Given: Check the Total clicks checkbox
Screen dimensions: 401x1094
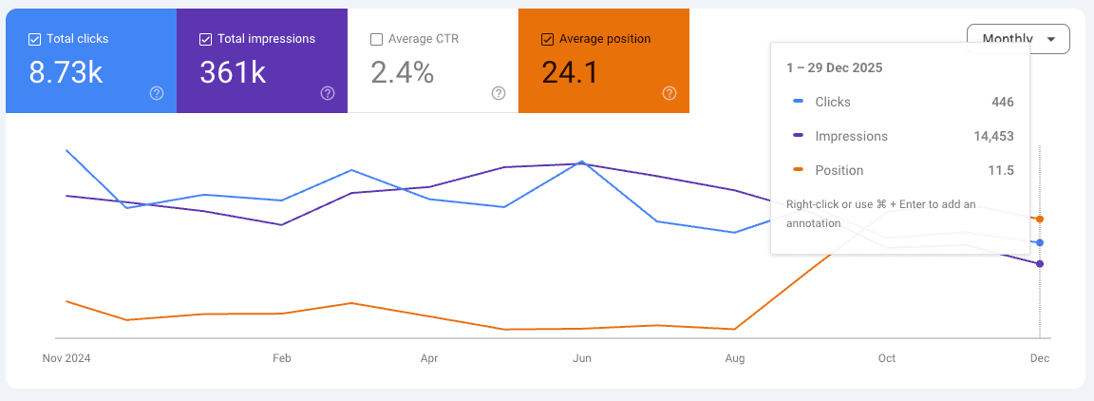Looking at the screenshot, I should click(x=35, y=39).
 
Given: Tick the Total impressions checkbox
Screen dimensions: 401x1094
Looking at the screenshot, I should click(x=206, y=39).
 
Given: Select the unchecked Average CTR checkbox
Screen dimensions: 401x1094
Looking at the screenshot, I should click(x=377, y=39).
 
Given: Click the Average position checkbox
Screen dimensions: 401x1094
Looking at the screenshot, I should click(x=547, y=39).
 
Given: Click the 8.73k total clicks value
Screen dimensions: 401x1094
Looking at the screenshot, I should click(x=66, y=72).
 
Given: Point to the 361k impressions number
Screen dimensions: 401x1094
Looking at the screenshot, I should click(x=234, y=72).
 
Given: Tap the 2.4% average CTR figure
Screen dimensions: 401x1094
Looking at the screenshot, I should click(x=403, y=72).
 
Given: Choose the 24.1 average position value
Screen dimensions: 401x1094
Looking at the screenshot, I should click(x=570, y=72).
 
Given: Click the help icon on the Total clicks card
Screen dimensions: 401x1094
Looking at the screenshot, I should click(x=157, y=93).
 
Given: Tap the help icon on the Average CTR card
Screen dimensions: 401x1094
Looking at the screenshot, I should click(x=499, y=93).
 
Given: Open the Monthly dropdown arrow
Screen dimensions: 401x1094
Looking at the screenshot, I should click(x=1050, y=39).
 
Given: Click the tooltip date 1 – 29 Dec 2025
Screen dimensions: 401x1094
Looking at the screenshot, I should click(x=834, y=67).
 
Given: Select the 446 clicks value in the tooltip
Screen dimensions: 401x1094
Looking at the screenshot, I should click(x=1002, y=102).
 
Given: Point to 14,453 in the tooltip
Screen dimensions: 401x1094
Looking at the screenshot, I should click(x=993, y=136).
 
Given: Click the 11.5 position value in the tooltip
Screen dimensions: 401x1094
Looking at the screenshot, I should click(x=1001, y=170).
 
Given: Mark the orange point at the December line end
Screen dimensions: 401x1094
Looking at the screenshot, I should click(x=1040, y=220).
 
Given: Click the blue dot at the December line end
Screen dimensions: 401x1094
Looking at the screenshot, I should click(x=1040, y=242).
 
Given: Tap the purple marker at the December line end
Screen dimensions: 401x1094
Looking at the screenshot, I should click(x=1040, y=264).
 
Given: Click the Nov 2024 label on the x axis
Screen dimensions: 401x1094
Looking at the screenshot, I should click(x=66, y=358).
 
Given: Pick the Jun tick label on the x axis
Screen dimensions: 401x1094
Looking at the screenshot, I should click(x=582, y=358).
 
